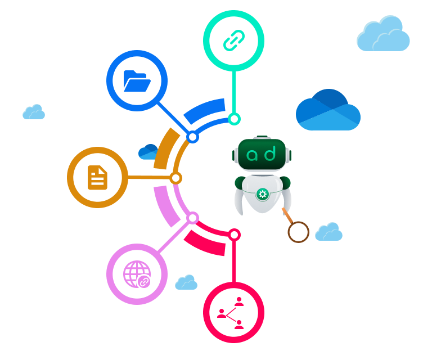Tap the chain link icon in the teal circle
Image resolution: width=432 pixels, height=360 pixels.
[x=233, y=40]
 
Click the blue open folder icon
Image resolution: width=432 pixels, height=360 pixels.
[x=137, y=81]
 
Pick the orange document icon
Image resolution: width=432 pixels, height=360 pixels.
[x=97, y=177]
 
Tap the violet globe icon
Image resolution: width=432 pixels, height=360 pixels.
[x=137, y=274]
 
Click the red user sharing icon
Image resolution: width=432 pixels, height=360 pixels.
[x=233, y=313]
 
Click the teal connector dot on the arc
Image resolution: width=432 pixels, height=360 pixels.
[x=234, y=119]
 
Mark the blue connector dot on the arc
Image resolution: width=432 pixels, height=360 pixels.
[x=192, y=137]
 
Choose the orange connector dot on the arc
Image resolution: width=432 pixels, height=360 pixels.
[x=176, y=178]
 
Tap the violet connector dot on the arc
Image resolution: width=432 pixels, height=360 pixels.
[x=192, y=218]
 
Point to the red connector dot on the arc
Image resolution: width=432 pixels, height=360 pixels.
[x=235, y=234]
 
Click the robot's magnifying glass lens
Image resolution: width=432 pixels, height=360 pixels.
[x=298, y=232]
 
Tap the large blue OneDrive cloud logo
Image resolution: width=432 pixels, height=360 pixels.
[x=328, y=110]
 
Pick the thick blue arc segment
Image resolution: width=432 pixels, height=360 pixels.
[x=204, y=111]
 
